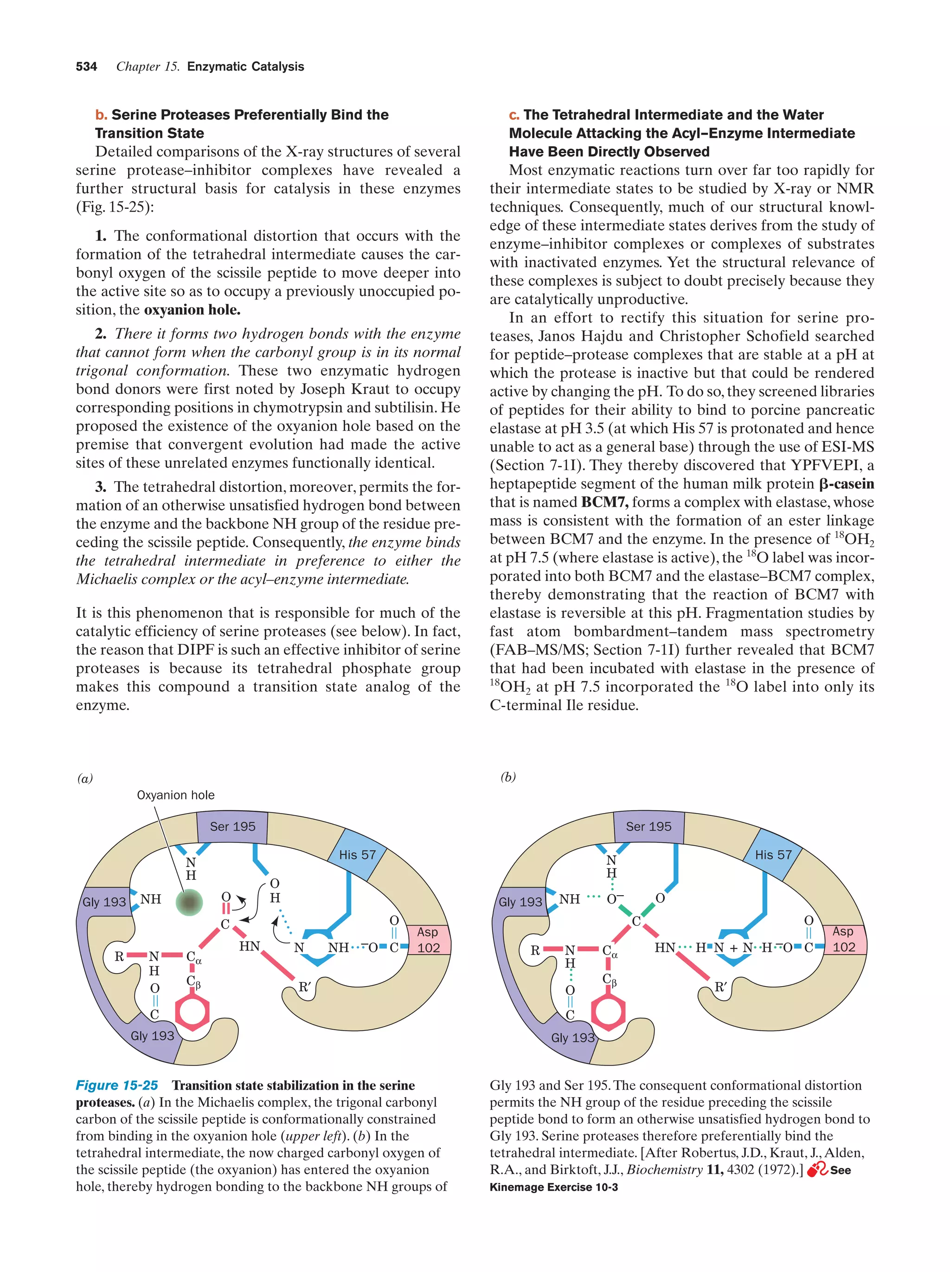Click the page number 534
pos(86,67)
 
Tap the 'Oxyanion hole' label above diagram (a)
pos(175,795)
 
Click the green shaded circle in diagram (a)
pos(189,902)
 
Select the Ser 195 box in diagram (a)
pos(232,826)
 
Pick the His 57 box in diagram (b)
pos(773,854)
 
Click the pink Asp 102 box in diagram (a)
pos(428,940)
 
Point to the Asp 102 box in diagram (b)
pos(844,939)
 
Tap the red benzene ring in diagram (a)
pos(192,1013)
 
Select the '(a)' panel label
pos(85,779)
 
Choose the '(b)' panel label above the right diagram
pos(508,777)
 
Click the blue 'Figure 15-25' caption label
pos(117,1085)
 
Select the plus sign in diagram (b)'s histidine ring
pos(733,947)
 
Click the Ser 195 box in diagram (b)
pos(648,826)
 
